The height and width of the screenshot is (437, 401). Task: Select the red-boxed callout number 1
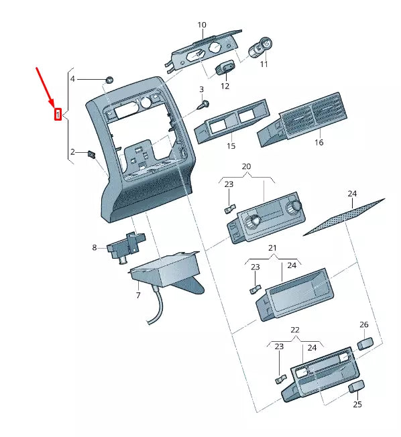coord(58,115)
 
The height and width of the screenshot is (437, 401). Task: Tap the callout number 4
coord(73,79)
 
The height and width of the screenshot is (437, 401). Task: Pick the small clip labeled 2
coord(93,154)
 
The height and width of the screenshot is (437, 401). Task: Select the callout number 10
coord(202,25)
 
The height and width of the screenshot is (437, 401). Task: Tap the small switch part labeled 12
coord(223,69)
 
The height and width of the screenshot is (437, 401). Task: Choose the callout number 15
coord(231,145)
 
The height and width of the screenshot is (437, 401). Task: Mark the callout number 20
coord(246,166)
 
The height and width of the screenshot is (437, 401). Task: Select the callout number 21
coord(272,249)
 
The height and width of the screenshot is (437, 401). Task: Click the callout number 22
coord(295,330)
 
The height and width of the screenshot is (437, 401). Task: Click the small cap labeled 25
coord(357,387)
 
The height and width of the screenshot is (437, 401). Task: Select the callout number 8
coord(95,248)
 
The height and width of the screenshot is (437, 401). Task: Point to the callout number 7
coord(137,295)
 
